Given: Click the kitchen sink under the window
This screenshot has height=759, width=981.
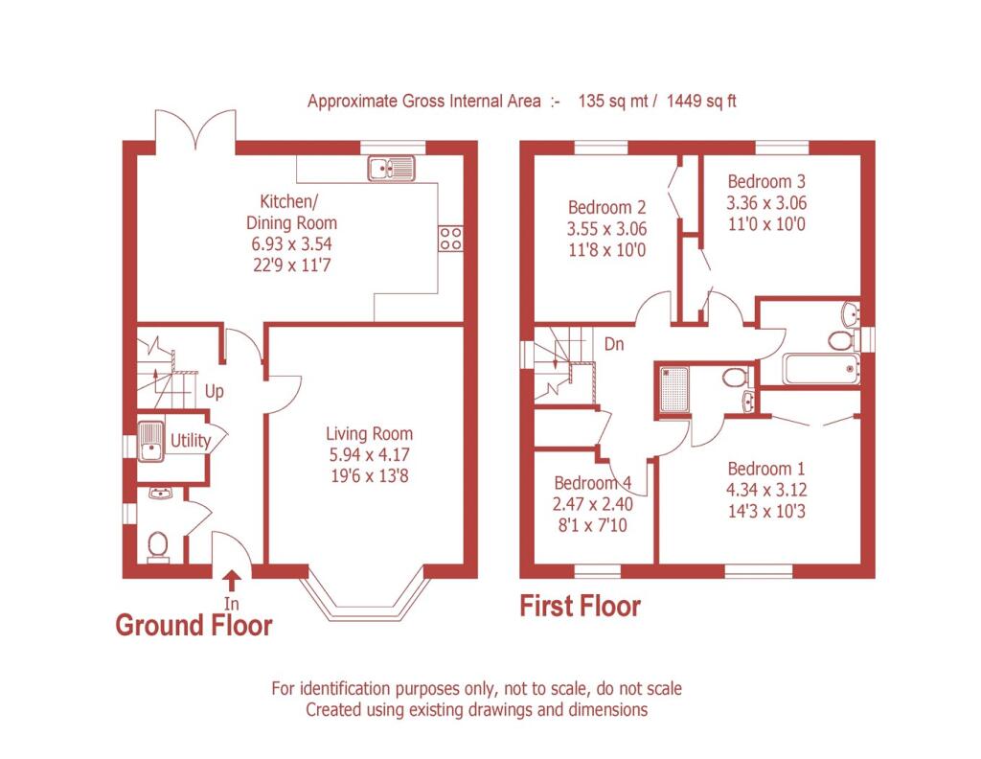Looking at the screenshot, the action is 391,169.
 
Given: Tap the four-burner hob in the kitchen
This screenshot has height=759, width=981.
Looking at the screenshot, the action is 450,238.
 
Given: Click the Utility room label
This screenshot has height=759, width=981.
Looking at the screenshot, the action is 191,441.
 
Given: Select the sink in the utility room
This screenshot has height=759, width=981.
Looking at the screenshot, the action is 150,441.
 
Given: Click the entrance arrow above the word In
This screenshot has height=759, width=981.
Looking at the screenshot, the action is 232,581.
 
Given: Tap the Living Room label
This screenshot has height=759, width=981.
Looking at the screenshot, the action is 369,433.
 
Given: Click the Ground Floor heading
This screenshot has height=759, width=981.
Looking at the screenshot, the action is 194,625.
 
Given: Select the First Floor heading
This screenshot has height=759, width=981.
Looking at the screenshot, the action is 581,606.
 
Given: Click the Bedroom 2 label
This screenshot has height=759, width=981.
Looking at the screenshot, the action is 606,207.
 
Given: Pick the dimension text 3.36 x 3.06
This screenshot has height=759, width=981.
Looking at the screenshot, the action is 766,203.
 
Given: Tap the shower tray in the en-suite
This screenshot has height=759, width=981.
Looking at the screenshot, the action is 673,389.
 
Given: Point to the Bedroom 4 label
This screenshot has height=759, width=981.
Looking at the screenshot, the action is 592,483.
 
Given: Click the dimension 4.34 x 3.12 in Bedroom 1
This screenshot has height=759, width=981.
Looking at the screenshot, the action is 766,490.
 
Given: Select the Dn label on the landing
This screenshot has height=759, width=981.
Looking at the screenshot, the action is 614,344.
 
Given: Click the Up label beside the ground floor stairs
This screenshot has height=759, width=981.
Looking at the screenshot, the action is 214,392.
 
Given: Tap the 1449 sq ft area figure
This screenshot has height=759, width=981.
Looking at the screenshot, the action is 701,101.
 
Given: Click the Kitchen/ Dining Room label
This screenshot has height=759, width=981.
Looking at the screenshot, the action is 291,212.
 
